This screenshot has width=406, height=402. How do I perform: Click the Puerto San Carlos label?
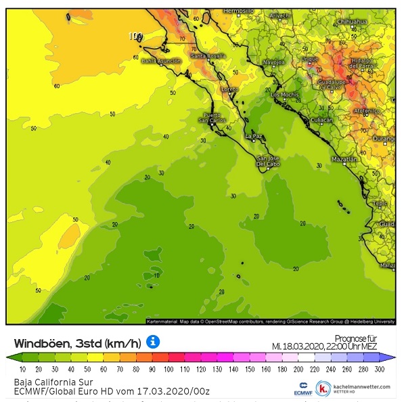(213, 118)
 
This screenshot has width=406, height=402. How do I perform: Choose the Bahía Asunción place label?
(161, 60)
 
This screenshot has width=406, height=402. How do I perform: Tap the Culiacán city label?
(321, 120)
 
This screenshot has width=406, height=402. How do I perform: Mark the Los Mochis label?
(284, 95)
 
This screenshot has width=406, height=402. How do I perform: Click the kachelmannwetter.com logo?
(354, 388)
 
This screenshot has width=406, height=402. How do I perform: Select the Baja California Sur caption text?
(44, 382)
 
